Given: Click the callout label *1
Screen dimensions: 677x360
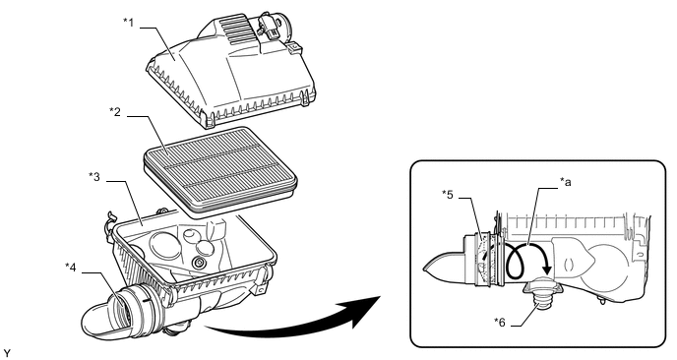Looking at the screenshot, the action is [x=128, y=23].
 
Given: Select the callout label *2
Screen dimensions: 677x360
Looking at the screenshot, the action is [x=115, y=112].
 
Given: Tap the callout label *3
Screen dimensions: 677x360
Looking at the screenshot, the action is [x=94, y=177].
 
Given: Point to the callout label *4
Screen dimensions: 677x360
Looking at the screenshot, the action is [x=71, y=268].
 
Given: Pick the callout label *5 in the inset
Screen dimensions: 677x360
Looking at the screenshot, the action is [x=448, y=194].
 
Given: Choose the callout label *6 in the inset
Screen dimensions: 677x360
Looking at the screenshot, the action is [x=500, y=322].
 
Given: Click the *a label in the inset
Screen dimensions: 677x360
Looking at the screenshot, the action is [x=565, y=183].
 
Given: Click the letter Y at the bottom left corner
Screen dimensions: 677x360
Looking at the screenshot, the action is [x=6, y=353].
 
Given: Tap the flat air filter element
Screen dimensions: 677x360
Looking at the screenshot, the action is [x=220, y=170].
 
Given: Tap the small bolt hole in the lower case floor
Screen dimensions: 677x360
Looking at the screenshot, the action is [x=200, y=262].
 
